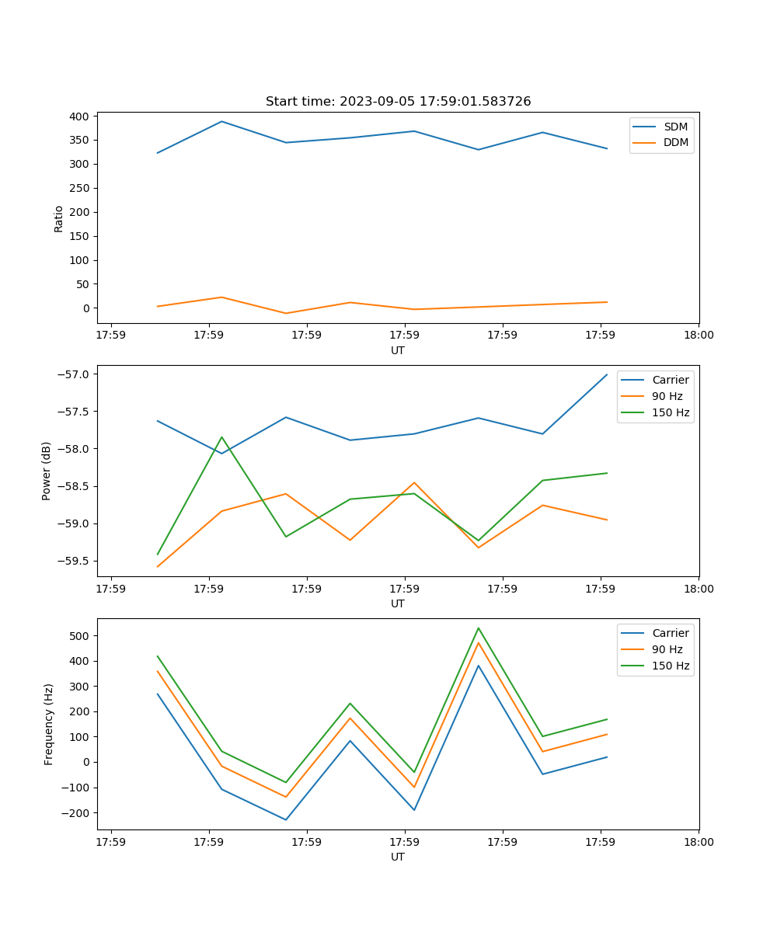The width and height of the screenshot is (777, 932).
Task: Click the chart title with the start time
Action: tap(398, 102)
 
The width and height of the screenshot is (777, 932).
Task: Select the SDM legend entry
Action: tap(675, 127)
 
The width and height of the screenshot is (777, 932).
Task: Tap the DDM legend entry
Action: tap(675, 142)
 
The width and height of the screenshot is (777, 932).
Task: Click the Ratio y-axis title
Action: tap(59, 219)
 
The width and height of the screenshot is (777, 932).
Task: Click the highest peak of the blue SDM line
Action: tap(221, 121)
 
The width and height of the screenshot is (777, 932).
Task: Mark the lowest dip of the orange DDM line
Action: tap(286, 313)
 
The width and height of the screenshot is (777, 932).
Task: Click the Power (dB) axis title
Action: tap(47, 471)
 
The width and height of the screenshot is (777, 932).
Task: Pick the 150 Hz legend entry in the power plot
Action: tap(671, 412)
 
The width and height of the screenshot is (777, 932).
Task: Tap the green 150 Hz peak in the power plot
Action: tap(221, 436)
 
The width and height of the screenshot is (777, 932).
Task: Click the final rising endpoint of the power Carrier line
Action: tap(607, 374)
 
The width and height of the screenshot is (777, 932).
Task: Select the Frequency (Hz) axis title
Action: tap(49, 724)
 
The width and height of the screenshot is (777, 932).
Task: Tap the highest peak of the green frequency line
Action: tap(479, 628)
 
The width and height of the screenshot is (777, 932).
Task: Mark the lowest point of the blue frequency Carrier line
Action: tap(286, 819)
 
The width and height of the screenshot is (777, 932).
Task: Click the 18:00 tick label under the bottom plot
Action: tap(698, 841)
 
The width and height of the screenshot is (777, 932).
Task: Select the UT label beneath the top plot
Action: tap(398, 350)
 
